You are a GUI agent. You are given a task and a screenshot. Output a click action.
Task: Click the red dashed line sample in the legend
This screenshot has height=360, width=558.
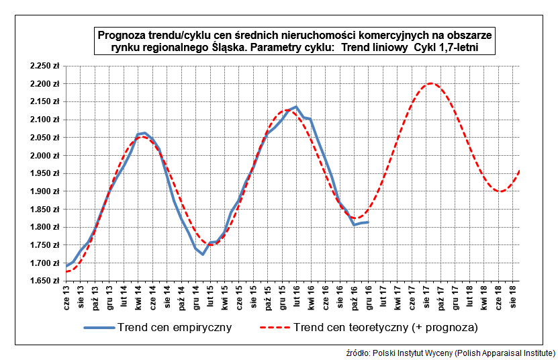point(275,328)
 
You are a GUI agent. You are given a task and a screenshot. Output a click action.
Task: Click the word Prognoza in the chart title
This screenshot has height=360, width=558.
point(122,35)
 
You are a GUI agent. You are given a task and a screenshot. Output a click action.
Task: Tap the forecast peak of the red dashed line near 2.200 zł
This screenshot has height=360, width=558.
point(430,83)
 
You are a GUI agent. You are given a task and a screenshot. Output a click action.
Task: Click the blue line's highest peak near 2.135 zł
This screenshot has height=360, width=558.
point(296,107)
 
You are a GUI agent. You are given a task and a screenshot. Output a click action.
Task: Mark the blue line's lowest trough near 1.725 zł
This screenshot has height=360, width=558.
point(203,254)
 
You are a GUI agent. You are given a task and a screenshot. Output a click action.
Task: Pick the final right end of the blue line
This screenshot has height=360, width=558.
point(368,222)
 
